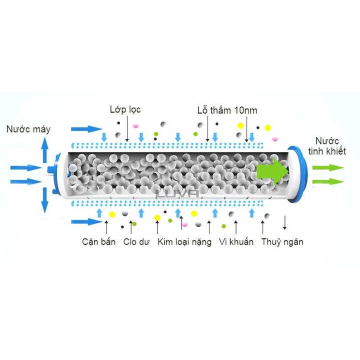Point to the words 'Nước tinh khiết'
(327, 146)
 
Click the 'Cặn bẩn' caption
(99, 242)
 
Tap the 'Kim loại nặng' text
(185, 242)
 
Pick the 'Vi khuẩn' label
(236, 242)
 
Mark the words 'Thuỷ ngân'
(283, 242)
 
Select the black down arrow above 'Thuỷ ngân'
(284, 222)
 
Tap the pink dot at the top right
(274, 137)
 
